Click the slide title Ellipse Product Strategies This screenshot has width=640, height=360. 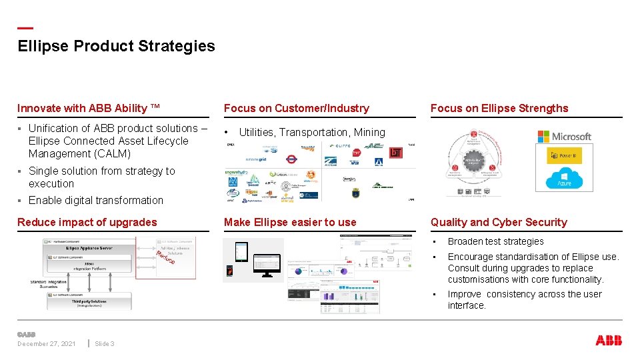click(x=116, y=46)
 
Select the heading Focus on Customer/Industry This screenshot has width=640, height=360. click(x=296, y=108)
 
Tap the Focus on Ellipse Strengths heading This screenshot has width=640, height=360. click(x=499, y=108)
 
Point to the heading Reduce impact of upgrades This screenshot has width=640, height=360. click(x=87, y=222)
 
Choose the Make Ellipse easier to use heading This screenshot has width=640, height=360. click(x=290, y=222)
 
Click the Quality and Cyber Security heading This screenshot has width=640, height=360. click(x=499, y=222)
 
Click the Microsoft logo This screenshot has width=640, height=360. click(x=565, y=137)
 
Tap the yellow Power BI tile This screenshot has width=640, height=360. click(x=564, y=156)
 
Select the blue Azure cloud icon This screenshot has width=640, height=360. click(x=564, y=179)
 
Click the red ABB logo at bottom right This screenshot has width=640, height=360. click(x=609, y=341)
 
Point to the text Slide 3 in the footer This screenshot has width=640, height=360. click(x=105, y=344)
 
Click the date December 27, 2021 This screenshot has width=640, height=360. click(x=47, y=344)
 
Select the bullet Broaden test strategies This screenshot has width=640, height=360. click(x=495, y=241)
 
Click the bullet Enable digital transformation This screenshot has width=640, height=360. click(x=95, y=200)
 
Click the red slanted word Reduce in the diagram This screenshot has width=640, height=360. click(x=165, y=257)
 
